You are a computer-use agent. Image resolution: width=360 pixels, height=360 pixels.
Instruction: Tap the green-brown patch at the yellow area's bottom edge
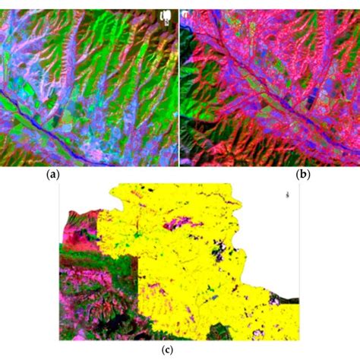point(221,332)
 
